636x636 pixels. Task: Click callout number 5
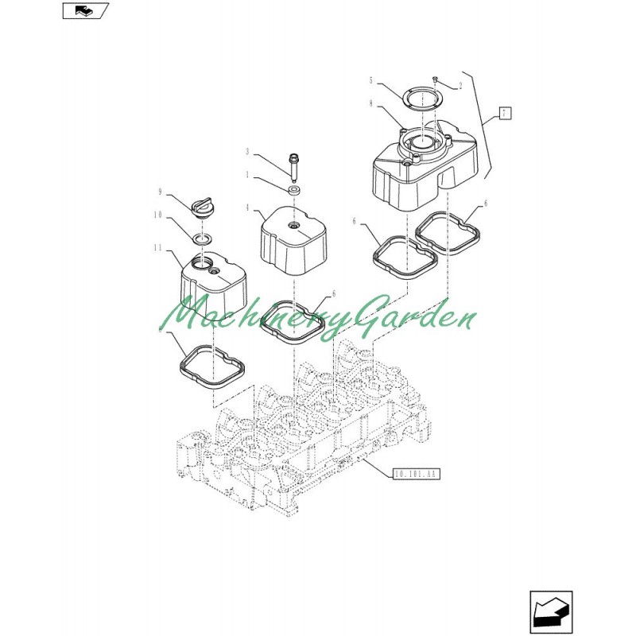370,80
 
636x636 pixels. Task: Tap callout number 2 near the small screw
460,86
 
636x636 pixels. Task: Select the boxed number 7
504,113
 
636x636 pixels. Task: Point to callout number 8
370,103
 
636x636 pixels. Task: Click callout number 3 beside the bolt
247,152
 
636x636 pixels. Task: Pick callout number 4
247,207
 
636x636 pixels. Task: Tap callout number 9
161,192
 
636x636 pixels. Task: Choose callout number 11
157,247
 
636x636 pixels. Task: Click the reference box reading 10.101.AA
416,474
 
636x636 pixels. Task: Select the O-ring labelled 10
202,239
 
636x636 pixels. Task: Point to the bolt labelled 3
293,165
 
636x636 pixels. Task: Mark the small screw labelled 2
435,78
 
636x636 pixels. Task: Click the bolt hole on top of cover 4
293,225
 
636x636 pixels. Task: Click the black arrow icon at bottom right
551,612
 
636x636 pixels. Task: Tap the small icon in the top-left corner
86,10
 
